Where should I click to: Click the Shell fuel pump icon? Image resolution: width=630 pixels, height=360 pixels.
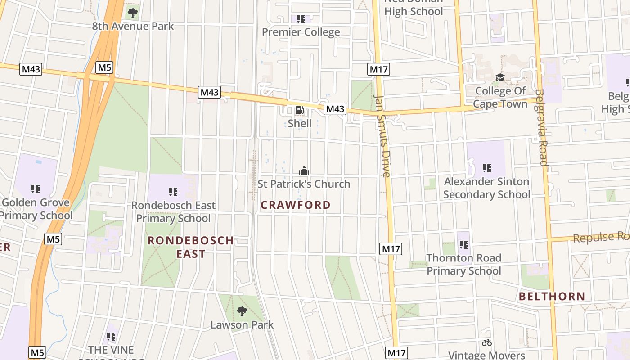point(299,111)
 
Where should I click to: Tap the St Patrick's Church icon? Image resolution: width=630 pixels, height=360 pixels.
point(305,171)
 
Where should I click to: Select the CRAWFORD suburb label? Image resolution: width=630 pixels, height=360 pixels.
point(296,205)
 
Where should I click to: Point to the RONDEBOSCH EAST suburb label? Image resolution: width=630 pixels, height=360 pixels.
point(191,247)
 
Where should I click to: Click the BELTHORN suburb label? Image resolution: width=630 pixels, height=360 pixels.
point(552,297)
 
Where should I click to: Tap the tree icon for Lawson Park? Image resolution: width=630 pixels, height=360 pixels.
point(242,311)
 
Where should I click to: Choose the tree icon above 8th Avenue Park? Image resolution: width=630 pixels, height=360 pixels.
point(133,13)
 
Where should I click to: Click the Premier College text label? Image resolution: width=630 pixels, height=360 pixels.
point(301,32)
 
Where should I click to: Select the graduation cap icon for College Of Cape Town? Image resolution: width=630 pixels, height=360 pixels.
point(500,78)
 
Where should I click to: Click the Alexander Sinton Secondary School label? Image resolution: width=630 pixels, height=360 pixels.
point(486,188)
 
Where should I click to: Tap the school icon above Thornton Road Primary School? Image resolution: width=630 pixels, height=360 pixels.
point(464,245)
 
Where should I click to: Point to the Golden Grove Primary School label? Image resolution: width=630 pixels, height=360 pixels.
point(36,209)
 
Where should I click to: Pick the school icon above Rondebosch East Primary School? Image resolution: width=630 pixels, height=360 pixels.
point(173,192)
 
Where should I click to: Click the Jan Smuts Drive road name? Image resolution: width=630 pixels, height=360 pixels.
point(383,136)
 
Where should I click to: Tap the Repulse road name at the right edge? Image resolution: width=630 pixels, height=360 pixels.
point(600,237)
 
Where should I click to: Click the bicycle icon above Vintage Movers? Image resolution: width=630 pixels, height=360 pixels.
point(486,342)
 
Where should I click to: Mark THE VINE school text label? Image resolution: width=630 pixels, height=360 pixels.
point(111,350)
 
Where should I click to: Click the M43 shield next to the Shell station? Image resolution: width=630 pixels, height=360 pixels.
point(335,109)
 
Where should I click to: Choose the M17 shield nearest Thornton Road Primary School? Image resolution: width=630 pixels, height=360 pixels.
point(391,249)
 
